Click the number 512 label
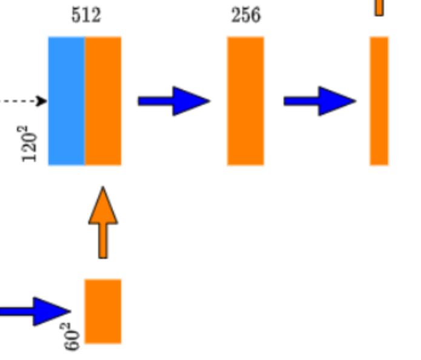86,15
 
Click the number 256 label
246,15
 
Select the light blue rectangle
67,101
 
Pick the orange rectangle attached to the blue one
103,101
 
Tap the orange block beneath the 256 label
245,101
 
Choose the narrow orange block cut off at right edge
379,101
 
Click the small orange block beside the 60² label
103,311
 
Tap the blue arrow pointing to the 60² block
36,312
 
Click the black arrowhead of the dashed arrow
42,101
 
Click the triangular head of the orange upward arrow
103,206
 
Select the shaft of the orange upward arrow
103,241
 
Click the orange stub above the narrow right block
379,7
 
